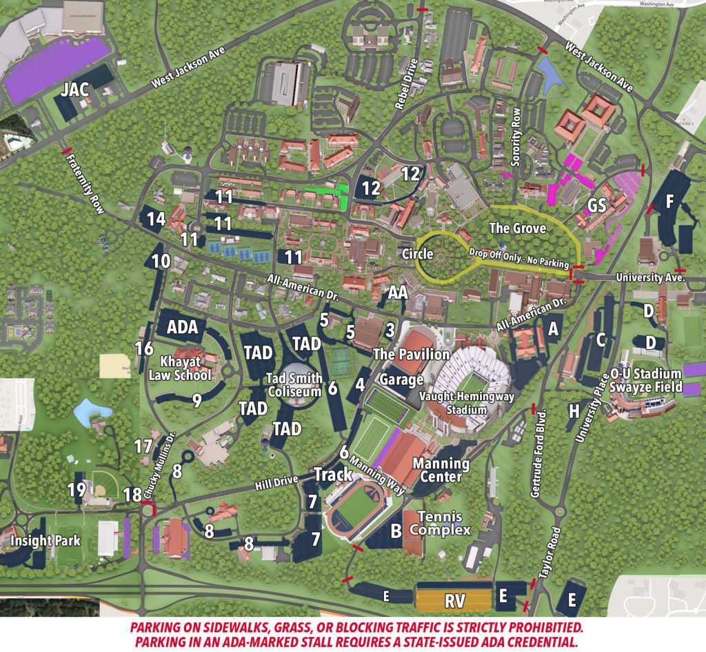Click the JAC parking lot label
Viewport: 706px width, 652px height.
(74, 90)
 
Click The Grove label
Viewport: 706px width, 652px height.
(517, 228)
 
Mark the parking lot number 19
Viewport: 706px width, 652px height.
(77, 489)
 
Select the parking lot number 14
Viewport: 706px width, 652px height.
(157, 219)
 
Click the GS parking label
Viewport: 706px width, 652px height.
(596, 206)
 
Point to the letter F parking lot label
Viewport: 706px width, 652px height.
(668, 202)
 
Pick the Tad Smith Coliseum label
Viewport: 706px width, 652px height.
(295, 385)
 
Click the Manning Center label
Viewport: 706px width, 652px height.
(441, 470)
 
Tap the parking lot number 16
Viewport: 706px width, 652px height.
(144, 348)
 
